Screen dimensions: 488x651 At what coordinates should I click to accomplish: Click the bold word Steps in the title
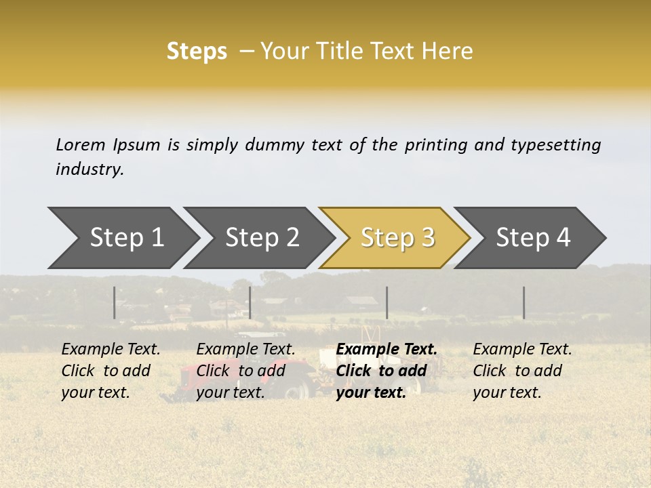[197, 52]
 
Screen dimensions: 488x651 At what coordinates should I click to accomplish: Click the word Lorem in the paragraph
[80, 144]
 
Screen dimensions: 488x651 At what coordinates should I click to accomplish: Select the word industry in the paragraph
[89, 169]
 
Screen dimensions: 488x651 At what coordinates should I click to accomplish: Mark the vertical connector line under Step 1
[115, 302]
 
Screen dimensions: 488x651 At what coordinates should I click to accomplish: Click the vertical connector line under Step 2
[250, 302]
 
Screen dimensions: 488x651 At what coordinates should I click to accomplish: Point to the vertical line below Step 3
[387, 302]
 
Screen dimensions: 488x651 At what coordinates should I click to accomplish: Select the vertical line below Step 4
[524, 302]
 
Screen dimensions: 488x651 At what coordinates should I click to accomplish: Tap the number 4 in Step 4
[563, 238]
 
